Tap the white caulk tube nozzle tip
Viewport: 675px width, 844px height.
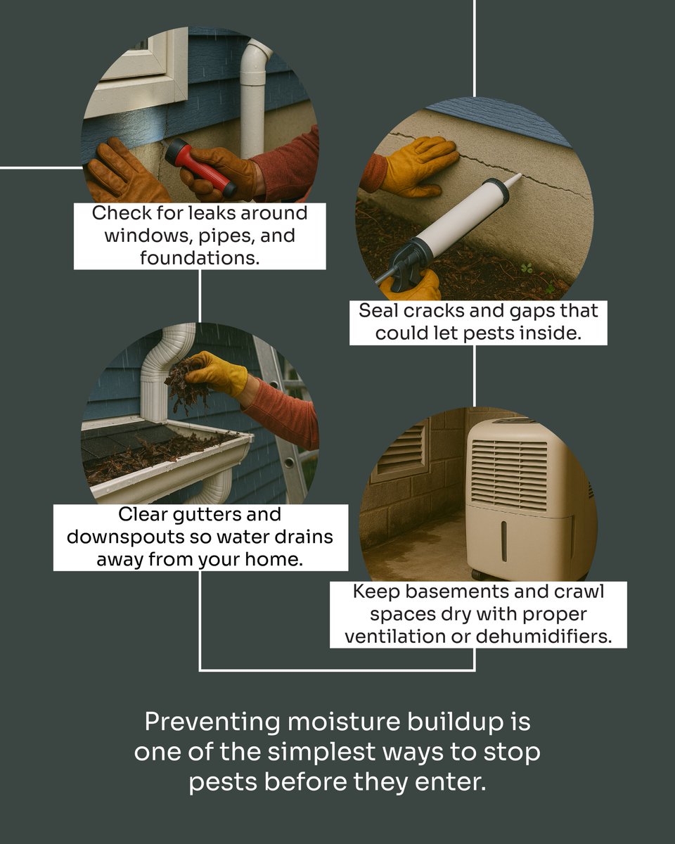tap(519, 175)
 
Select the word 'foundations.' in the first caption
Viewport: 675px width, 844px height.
tap(200, 258)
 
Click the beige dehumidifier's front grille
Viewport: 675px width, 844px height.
tap(509, 475)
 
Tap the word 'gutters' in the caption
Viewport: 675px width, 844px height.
tap(207, 515)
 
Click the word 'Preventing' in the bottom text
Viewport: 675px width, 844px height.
tap(212, 722)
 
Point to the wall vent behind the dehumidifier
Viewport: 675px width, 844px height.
tap(400, 451)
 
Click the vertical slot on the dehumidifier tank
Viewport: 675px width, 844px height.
tap(503, 541)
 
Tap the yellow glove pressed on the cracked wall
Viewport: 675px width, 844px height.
tap(420, 167)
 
